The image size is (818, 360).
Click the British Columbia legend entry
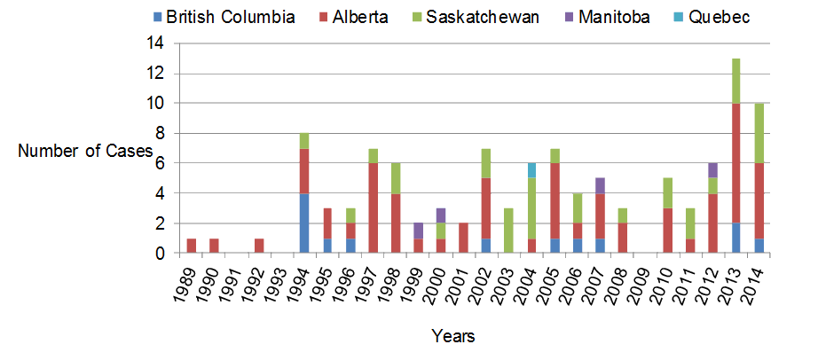point(223,17)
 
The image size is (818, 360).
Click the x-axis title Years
point(452,335)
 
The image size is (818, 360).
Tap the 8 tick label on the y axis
point(161,134)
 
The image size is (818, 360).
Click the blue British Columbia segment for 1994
point(304,223)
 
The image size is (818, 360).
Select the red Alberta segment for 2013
point(735,163)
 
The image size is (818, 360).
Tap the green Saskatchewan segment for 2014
point(759,133)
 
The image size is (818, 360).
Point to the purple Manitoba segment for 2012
point(712,170)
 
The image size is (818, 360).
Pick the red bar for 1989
point(191,246)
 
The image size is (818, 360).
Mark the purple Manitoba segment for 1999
point(418,231)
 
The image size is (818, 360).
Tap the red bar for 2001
point(463,239)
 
